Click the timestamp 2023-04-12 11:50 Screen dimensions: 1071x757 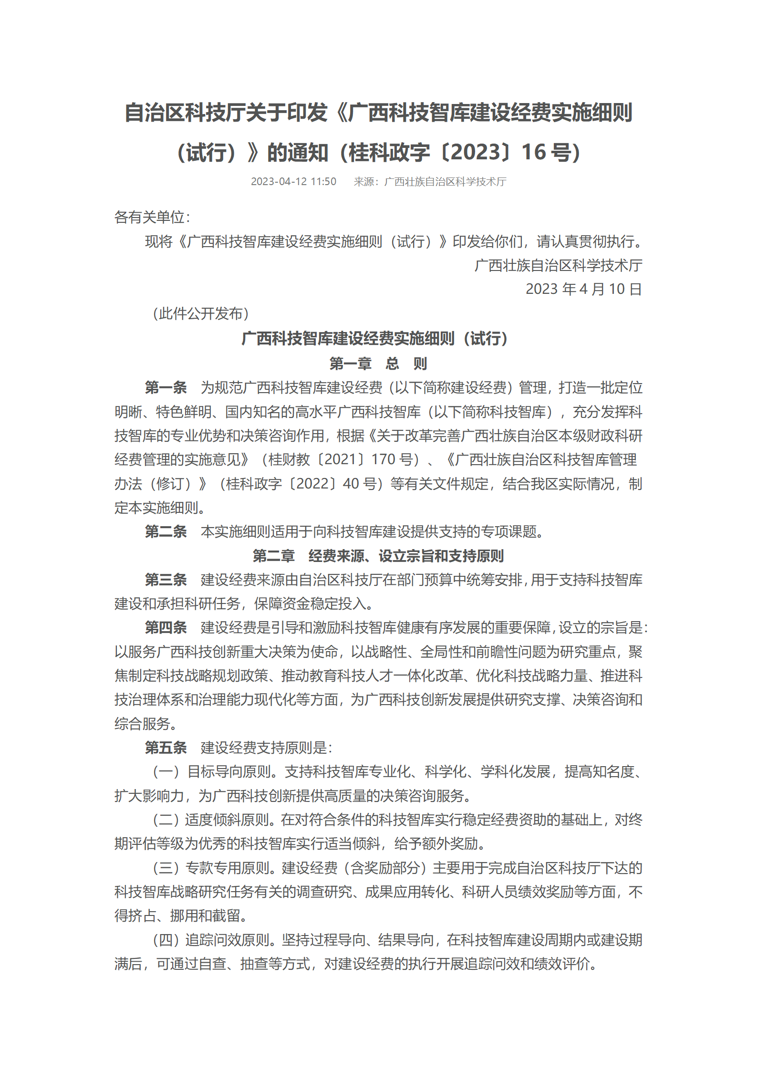pos(293,182)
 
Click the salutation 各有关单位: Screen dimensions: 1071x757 pos(152,218)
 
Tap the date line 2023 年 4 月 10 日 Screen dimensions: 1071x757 pos(583,289)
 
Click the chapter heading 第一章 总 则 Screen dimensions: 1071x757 pos(378,364)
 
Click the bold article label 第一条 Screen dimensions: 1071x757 pos(166,387)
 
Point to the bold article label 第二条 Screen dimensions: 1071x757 pos(166,531)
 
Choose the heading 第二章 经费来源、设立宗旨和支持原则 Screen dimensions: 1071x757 pos(378,556)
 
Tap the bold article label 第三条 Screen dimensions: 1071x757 pos(166,580)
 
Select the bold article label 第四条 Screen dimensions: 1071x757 pos(166,627)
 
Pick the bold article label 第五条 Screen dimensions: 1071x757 pos(166,748)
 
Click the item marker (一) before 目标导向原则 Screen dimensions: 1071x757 pos(166,771)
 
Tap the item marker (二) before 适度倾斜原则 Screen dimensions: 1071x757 pos(166,820)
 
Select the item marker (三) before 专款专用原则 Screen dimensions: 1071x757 pos(166,868)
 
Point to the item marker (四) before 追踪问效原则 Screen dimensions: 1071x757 pos(166,940)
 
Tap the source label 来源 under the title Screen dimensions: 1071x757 pos(363,182)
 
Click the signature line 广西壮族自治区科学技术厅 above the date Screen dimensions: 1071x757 pos(558,265)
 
